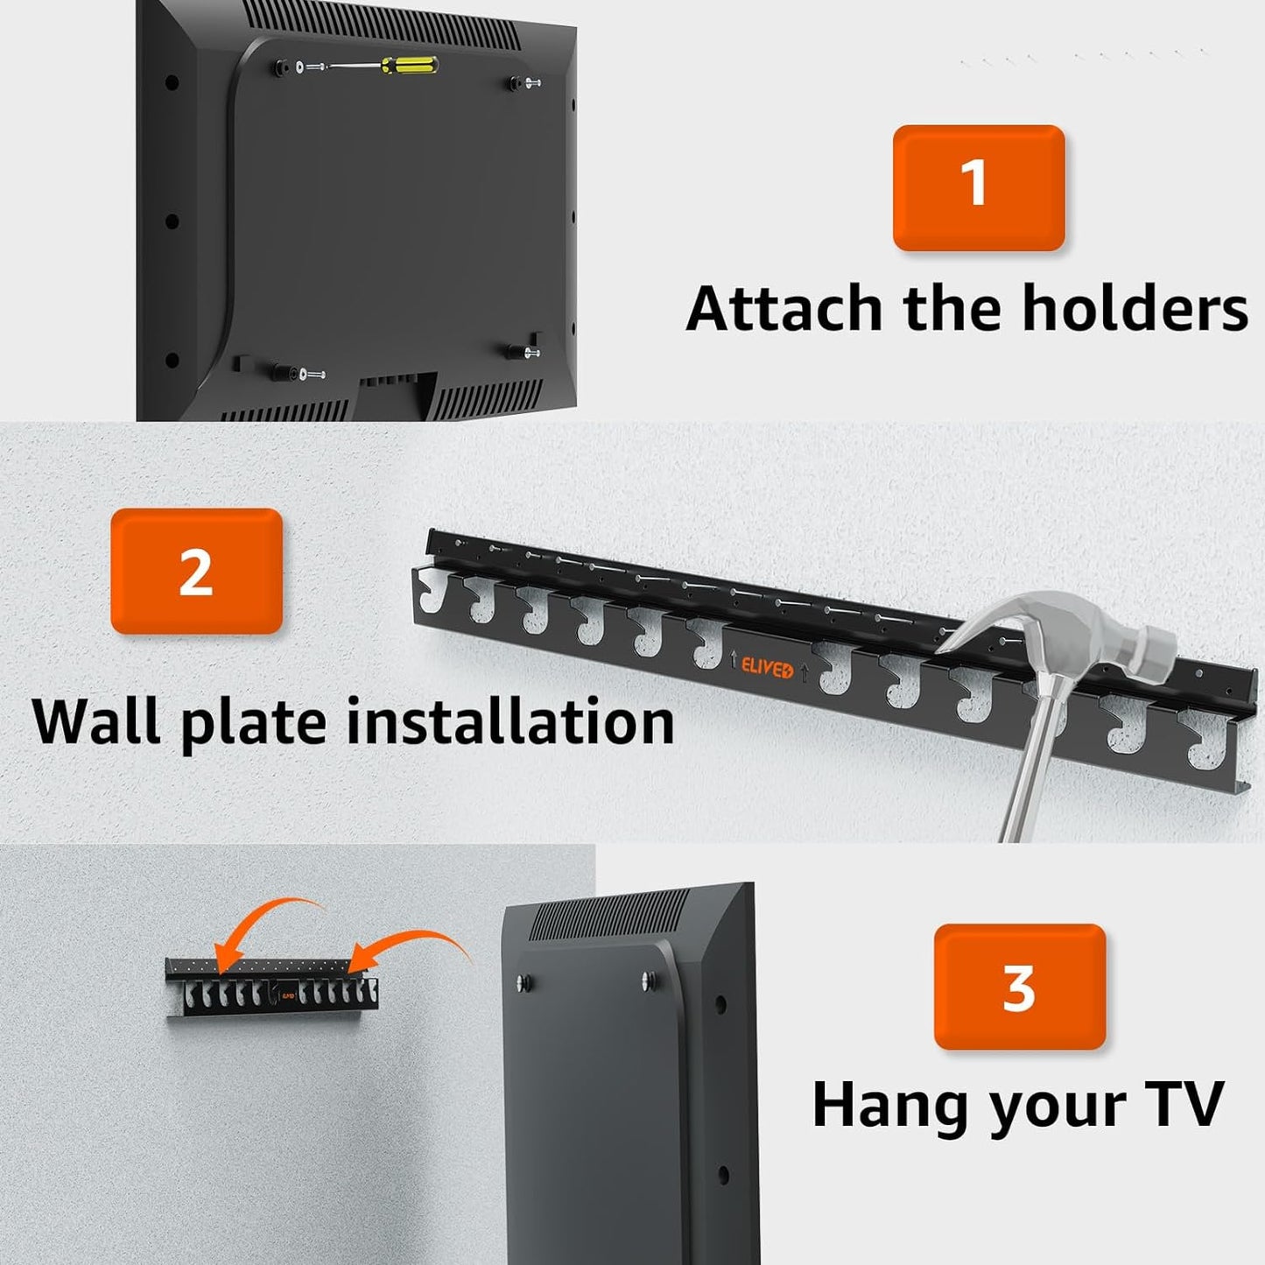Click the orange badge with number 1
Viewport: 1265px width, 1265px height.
pyautogui.click(x=979, y=187)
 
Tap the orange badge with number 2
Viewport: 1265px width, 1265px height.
pyautogui.click(x=196, y=571)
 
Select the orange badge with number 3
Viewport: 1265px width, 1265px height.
pyautogui.click(x=1020, y=987)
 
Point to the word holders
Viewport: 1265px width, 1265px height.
pyautogui.click(x=1135, y=307)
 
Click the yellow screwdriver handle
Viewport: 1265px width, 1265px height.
pyautogui.click(x=411, y=65)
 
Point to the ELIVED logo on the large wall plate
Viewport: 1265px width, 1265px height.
pyautogui.click(x=768, y=669)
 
